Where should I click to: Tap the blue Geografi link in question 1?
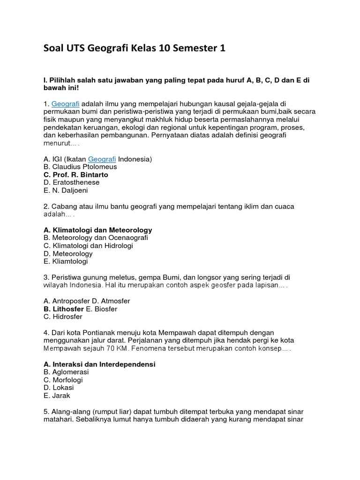pyautogui.click(x=66, y=103)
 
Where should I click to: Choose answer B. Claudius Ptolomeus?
pyautogui.click(x=80, y=167)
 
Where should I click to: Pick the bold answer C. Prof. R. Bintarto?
pyautogui.click(x=75, y=175)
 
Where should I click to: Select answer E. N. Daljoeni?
pyautogui.click(x=66, y=191)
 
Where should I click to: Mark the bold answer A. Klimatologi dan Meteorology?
pyautogui.click(x=97, y=230)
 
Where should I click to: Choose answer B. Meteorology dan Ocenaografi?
pyautogui.click(x=95, y=238)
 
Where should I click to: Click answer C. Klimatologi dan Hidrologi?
pyautogui.click(x=88, y=246)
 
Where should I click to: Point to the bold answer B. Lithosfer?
pyautogui.click(x=63, y=309)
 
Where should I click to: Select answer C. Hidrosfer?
pyautogui.click(x=63, y=317)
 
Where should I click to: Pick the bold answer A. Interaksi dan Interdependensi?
pyautogui.click(x=99, y=364)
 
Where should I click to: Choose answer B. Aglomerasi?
pyautogui.click(x=66, y=372)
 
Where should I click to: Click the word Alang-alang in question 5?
pyautogui.click(x=68, y=412)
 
